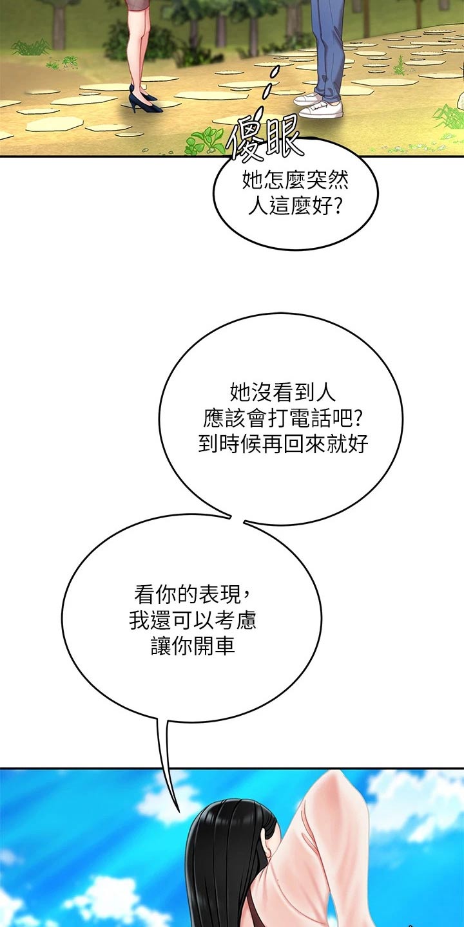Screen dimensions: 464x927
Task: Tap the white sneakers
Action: tap(320, 105)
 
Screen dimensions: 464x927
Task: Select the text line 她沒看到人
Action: tap(282, 392)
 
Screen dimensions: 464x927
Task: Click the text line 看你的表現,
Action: tap(192, 595)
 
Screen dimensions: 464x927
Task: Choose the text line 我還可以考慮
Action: tap(192, 621)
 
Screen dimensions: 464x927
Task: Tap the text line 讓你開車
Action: tap(193, 646)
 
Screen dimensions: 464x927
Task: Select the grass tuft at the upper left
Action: tap(31, 48)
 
